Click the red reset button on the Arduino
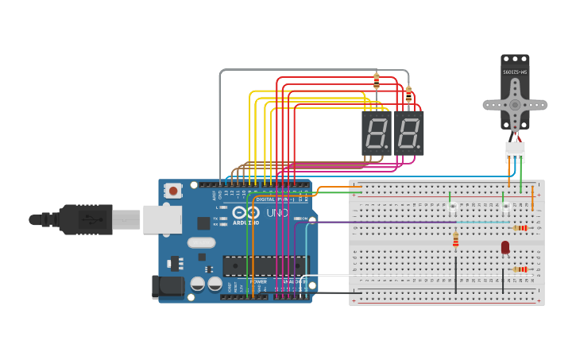[x=172, y=190]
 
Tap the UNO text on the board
[x=277, y=213]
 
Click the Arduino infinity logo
[x=245, y=213]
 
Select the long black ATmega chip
[x=264, y=265]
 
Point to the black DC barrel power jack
[x=168, y=286]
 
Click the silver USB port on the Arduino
[x=162, y=219]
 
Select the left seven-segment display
[x=376, y=133]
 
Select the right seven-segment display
[x=408, y=133]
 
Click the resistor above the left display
[x=377, y=81]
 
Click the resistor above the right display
[x=408, y=95]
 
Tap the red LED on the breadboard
[x=505, y=247]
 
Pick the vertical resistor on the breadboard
[x=455, y=239]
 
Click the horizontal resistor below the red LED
[x=520, y=269]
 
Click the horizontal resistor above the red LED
[x=520, y=228]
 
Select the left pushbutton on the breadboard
[x=453, y=207]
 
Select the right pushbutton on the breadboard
[x=505, y=207]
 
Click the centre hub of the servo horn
[x=515, y=104]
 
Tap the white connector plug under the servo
[x=515, y=150]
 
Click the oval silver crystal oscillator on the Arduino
[x=202, y=243]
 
